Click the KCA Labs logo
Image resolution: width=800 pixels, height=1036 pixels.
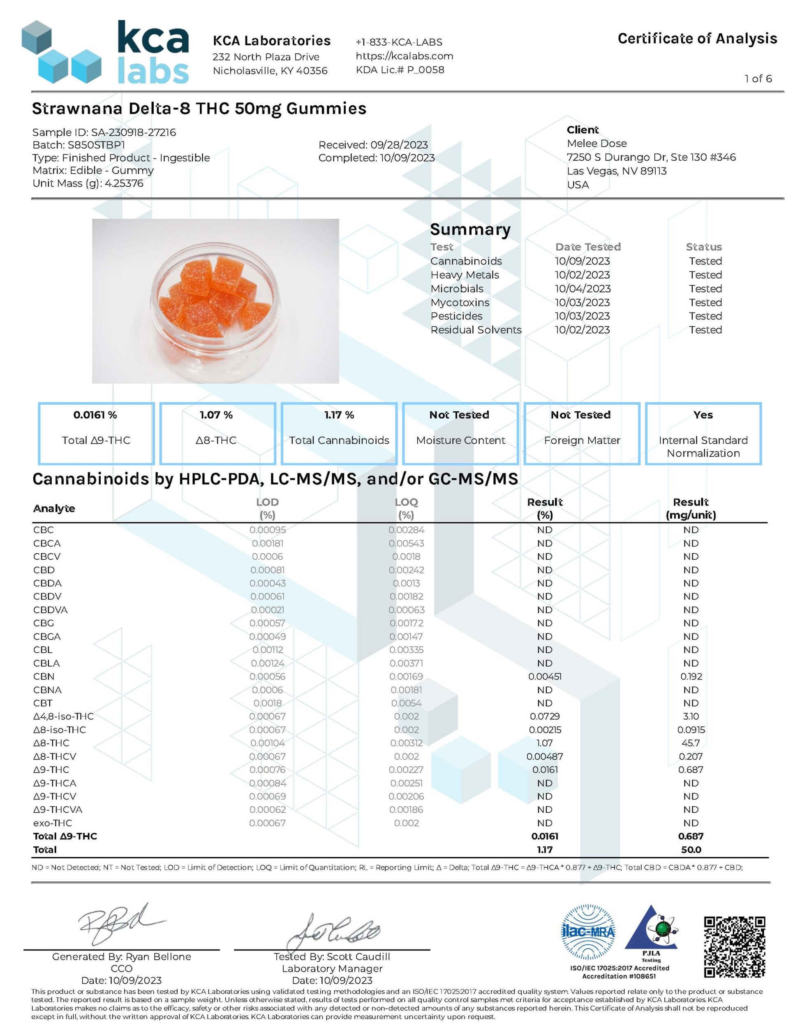[x=105, y=52]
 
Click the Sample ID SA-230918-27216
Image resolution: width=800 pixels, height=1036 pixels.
[x=133, y=132]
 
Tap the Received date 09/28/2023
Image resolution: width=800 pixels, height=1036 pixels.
[x=399, y=145]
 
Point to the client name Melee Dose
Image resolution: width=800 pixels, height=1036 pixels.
[x=597, y=143]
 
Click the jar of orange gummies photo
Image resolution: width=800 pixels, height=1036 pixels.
[x=215, y=301]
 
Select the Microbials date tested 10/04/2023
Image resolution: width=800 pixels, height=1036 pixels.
[x=583, y=288]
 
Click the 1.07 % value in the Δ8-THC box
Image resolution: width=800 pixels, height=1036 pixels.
[x=216, y=415]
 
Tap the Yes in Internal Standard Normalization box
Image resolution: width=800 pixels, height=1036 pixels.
[x=703, y=415]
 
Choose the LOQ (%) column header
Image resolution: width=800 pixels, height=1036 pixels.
[x=406, y=508]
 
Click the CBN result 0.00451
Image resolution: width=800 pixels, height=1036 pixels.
[x=544, y=677]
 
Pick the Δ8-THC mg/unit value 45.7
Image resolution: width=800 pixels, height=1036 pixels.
[x=691, y=743]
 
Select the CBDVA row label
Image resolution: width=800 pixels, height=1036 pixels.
[x=50, y=610]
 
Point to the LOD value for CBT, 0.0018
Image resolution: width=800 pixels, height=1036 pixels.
[x=268, y=703]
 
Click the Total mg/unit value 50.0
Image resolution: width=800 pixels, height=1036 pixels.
[x=691, y=850]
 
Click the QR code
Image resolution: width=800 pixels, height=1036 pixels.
[x=734, y=947]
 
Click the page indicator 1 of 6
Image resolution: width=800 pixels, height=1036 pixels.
[x=758, y=79]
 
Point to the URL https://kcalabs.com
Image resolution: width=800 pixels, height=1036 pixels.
[x=404, y=56]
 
